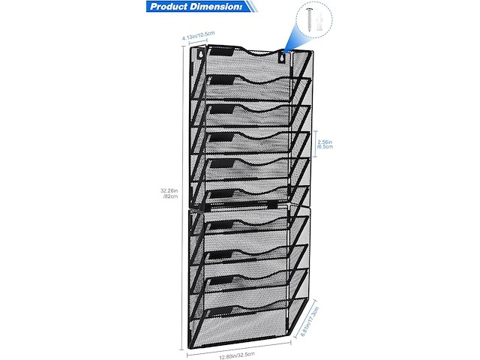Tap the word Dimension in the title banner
220,8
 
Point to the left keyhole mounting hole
201,55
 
